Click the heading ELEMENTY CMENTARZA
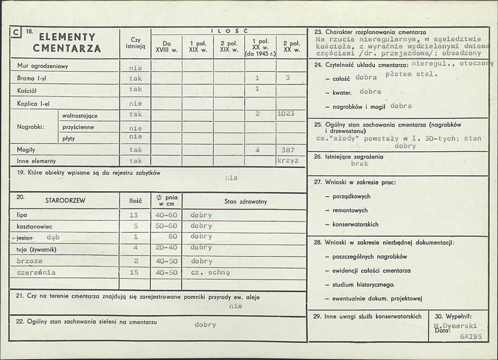(67, 43)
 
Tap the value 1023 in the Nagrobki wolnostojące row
(285, 114)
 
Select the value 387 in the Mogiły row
(287, 150)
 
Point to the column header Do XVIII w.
(167, 46)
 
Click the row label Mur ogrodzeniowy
(43, 66)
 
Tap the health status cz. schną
(210, 273)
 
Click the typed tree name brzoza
(30, 261)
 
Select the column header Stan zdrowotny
(245, 202)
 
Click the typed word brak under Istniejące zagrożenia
(359, 164)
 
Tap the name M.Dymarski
(455, 325)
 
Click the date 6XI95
(471, 337)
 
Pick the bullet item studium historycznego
(363, 285)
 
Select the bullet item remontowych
(350, 210)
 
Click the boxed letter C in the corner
(16, 32)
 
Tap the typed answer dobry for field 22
(205, 325)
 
